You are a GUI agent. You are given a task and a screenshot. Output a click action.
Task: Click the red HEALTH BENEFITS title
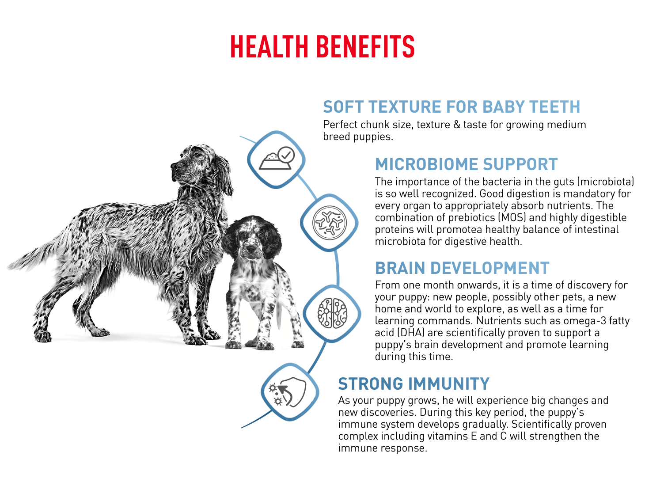click(322, 46)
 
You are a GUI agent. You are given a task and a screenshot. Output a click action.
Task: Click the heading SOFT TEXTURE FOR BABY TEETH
click(451, 106)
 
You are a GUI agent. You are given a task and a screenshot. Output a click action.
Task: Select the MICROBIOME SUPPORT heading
click(466, 164)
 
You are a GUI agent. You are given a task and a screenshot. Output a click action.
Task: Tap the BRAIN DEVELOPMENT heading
click(462, 268)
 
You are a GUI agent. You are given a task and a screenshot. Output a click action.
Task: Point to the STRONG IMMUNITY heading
click(414, 384)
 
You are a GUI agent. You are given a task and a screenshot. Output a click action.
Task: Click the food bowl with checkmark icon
click(276, 158)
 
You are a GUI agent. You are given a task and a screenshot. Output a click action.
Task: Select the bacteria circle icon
click(329, 222)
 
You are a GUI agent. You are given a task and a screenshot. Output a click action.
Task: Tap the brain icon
click(332, 313)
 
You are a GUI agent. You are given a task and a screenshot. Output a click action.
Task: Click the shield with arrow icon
click(288, 392)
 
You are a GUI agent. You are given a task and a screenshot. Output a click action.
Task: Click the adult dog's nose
click(173, 167)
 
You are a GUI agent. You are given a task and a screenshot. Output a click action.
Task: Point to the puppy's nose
click(250, 249)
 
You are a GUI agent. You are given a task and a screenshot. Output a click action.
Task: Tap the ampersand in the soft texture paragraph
click(457, 125)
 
